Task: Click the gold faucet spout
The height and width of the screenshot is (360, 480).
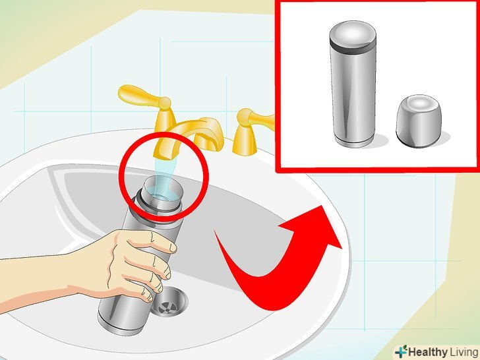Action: (x=192, y=135)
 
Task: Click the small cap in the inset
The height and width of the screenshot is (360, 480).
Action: (x=419, y=120)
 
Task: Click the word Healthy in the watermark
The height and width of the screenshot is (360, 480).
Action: (x=427, y=352)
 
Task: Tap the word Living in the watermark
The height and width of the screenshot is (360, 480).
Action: (x=464, y=352)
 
